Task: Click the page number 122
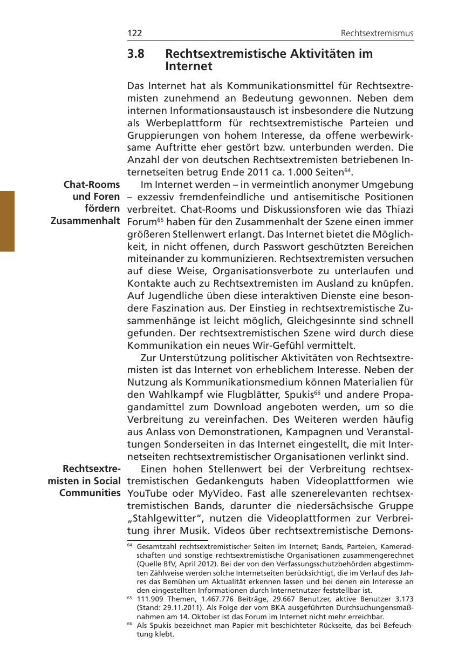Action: click(134, 33)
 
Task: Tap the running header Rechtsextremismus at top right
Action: click(377, 33)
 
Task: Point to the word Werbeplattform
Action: click(176, 123)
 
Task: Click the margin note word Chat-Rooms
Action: click(92, 185)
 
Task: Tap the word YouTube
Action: click(148, 493)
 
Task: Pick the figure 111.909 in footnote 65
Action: click(151, 599)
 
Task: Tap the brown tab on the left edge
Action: click(7, 221)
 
